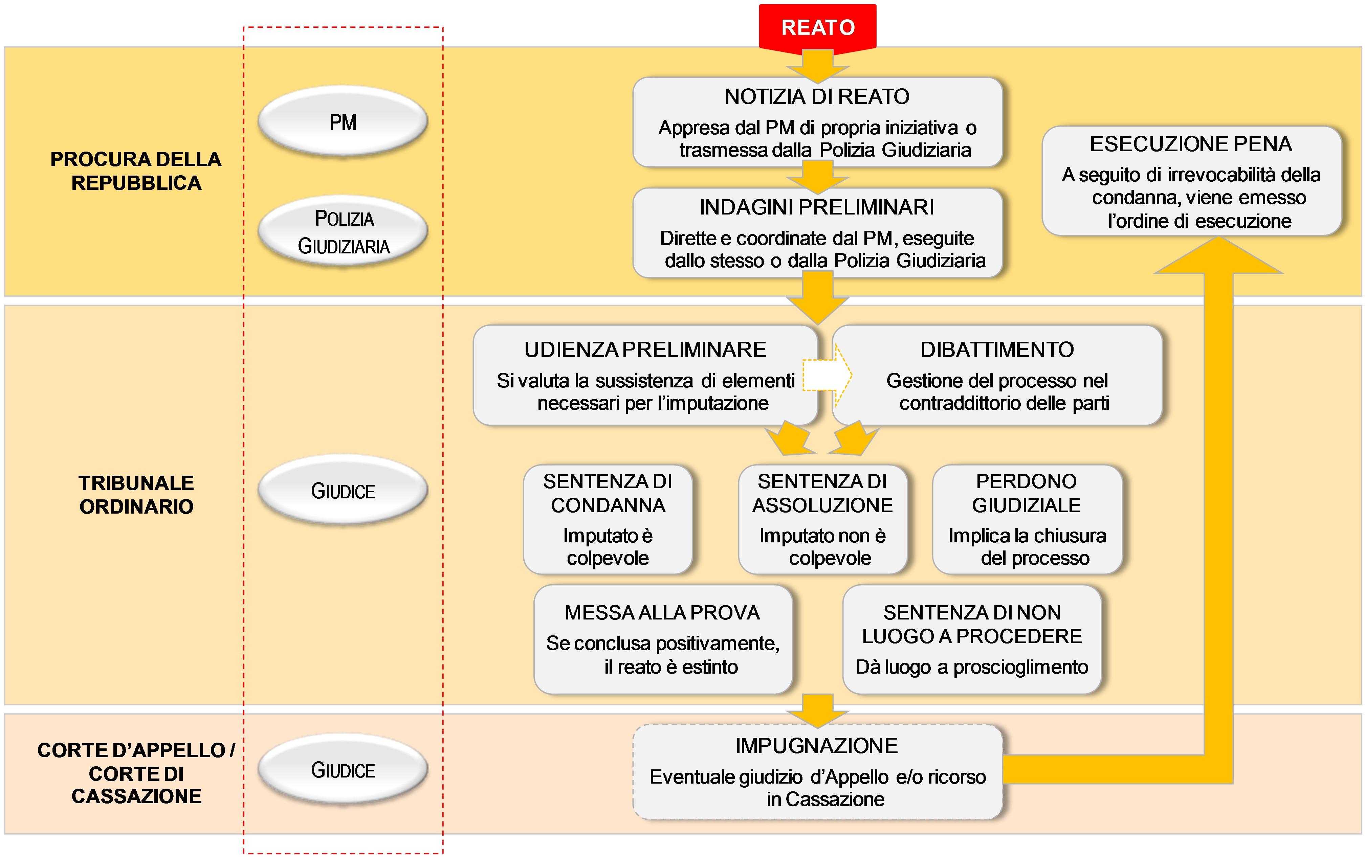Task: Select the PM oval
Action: point(343,122)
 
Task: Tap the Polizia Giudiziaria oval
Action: point(343,232)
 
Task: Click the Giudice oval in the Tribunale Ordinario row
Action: point(343,490)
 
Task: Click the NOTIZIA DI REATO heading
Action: point(817,96)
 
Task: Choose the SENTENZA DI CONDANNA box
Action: point(608,519)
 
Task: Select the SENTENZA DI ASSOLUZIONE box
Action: point(822,519)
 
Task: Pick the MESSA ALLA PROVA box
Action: point(663,639)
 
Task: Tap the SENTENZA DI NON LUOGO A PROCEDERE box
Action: point(972,639)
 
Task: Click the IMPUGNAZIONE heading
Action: point(817,746)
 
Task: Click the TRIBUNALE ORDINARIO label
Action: point(136,494)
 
